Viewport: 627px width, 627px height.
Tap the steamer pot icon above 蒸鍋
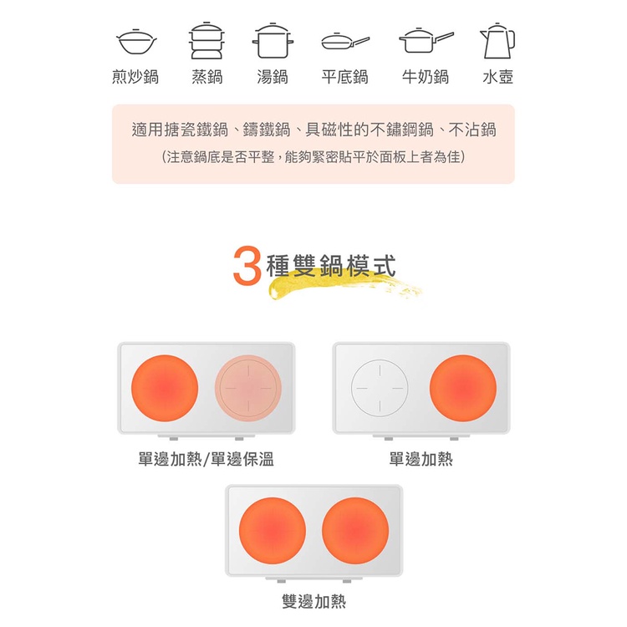point(206,40)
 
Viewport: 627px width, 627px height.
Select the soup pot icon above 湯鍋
point(273,41)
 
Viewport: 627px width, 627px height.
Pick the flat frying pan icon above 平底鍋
point(345,41)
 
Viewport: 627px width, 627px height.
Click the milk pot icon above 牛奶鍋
point(426,40)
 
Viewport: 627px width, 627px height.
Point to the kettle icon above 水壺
point(497,41)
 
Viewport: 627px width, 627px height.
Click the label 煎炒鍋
point(135,76)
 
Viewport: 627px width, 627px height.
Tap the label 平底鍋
point(344,76)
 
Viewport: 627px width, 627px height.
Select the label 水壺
point(498,76)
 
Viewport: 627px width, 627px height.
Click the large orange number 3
point(247,266)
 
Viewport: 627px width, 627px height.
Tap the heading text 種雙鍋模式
point(331,266)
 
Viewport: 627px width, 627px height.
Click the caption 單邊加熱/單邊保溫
point(206,459)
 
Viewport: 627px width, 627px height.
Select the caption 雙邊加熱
point(313,601)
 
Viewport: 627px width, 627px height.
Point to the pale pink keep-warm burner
point(248,388)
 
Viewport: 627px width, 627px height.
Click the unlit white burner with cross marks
point(380,388)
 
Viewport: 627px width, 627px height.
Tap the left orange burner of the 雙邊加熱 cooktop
point(273,531)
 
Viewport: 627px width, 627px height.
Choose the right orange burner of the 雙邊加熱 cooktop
point(355,531)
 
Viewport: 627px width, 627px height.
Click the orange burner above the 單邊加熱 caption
point(463,388)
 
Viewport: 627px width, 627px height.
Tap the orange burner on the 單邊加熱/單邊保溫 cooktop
point(165,388)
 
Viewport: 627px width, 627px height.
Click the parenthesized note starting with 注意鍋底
point(313,157)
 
